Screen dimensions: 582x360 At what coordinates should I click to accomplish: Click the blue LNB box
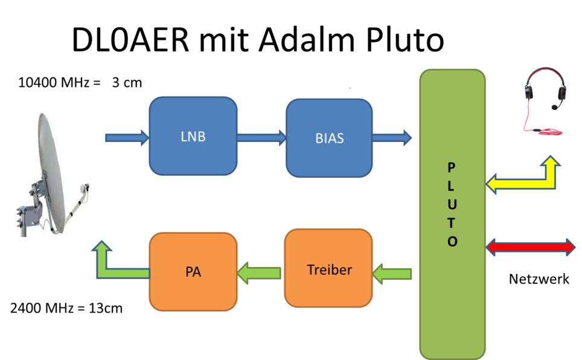click(193, 136)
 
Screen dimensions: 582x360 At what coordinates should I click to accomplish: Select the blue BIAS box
click(329, 138)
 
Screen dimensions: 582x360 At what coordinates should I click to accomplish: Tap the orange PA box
click(193, 272)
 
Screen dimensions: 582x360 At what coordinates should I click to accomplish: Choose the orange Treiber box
click(328, 268)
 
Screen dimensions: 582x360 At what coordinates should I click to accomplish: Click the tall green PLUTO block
click(452, 214)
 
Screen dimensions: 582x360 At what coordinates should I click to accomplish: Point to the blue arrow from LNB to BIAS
click(261, 138)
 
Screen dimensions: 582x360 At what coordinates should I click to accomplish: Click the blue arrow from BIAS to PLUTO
click(392, 138)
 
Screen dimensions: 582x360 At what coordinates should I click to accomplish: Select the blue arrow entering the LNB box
click(127, 138)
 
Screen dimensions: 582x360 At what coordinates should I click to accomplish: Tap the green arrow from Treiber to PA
click(259, 273)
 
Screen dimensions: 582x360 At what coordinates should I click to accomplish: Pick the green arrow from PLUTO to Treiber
click(392, 274)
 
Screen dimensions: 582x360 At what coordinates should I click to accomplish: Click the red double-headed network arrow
click(531, 247)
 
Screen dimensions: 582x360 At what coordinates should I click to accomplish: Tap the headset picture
click(545, 100)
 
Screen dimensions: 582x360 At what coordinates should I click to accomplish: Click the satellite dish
click(52, 175)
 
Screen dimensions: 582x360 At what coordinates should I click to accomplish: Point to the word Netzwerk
click(539, 279)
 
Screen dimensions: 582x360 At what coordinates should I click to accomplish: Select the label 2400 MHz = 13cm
click(66, 308)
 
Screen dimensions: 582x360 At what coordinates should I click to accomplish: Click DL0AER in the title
click(130, 40)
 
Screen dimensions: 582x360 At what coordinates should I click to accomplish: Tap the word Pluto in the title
click(405, 40)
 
